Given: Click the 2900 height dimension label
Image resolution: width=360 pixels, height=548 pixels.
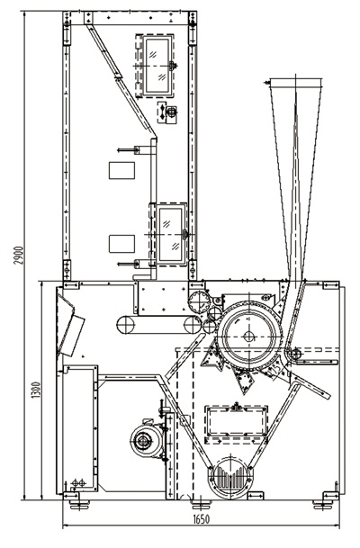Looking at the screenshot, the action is (20, 256).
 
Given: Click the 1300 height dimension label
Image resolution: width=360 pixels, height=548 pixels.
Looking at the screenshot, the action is (36, 390).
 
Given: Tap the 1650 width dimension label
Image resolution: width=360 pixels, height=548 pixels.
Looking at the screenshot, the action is (202, 519).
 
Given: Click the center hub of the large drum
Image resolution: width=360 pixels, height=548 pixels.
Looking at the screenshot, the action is (249, 337).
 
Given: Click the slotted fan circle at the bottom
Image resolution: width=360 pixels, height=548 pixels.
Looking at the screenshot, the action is (230, 478).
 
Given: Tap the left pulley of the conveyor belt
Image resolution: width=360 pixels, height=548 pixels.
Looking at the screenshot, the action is (126, 325).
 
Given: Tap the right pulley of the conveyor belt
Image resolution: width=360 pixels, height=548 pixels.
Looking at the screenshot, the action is (193, 325).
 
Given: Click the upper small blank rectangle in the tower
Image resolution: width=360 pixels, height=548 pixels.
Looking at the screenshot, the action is (121, 171).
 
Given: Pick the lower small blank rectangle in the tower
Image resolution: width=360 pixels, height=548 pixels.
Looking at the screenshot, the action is (121, 244).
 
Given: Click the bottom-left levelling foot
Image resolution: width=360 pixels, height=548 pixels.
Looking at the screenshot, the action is (79, 504).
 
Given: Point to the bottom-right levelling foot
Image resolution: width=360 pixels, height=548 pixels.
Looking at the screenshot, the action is (322, 504).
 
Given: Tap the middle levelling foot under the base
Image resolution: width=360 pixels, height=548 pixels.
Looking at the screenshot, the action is (202, 504).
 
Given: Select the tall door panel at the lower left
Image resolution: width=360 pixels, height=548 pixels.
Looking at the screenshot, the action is (80, 428).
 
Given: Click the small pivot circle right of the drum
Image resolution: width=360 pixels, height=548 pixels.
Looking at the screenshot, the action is (295, 354).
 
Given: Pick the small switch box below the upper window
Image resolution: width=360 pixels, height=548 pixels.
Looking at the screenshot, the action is (167, 112).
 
